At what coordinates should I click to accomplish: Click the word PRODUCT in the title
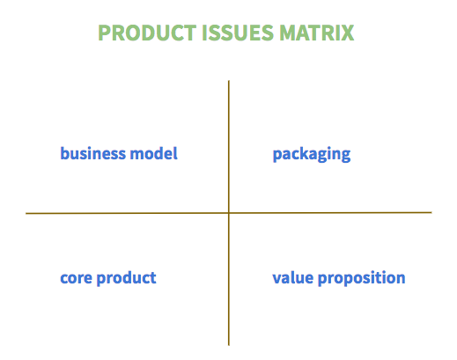147,33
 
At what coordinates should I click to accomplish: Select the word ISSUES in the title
238,33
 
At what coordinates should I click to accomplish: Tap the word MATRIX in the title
317,33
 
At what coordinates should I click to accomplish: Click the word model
154,153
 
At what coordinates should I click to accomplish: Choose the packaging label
312,154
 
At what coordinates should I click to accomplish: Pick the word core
76,278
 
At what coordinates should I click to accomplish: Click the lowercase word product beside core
127,278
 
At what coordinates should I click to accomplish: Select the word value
293,277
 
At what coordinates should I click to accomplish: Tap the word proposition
362,278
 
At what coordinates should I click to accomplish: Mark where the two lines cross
229,213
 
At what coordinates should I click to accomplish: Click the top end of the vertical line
229,81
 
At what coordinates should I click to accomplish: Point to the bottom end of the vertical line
229,345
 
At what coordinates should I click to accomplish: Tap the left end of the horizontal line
26,213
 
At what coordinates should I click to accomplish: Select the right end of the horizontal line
431,212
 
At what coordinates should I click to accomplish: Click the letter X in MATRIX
347,33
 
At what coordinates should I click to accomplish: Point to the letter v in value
277,278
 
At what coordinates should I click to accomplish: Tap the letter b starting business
65,153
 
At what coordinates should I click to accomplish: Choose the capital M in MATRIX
288,33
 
